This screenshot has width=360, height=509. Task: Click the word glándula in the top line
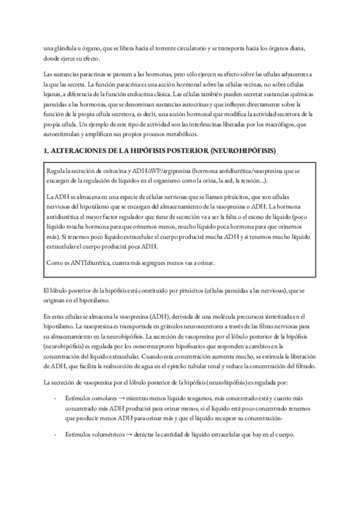(x=66, y=49)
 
